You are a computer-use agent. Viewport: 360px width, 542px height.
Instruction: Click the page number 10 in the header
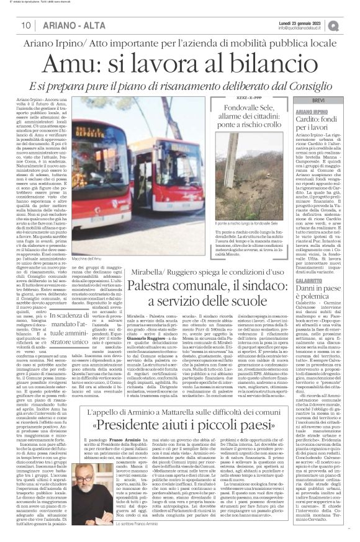(25, 25)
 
